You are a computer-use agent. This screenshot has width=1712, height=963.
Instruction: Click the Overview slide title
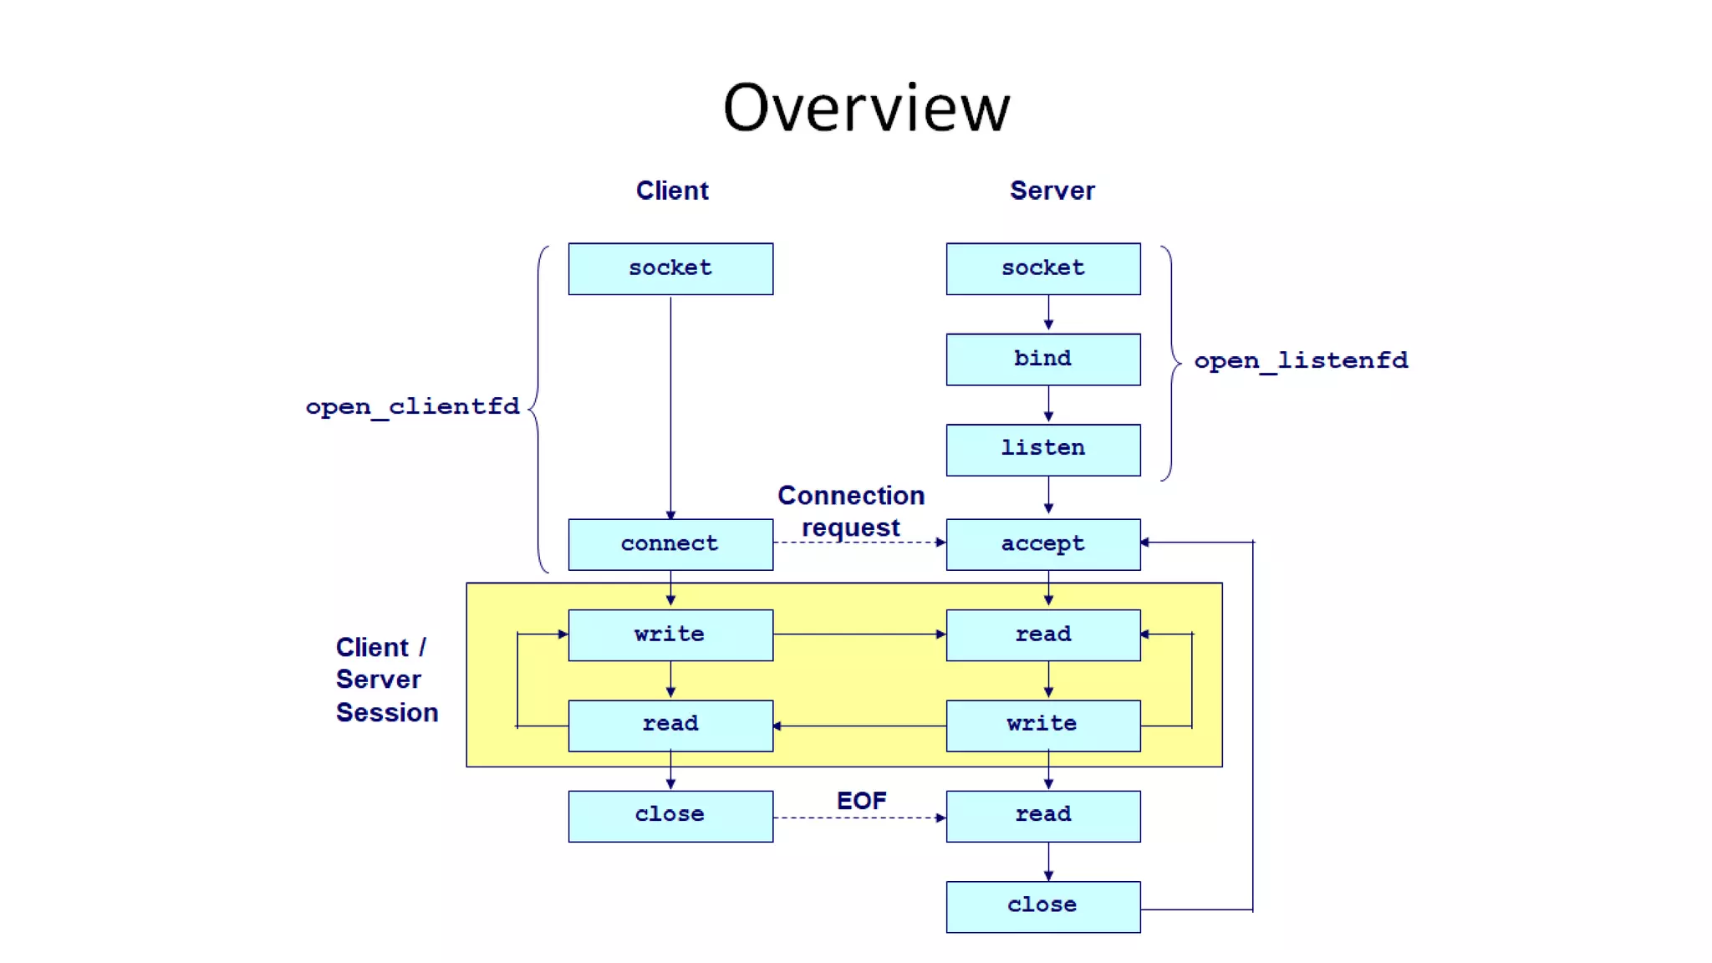[x=866, y=109]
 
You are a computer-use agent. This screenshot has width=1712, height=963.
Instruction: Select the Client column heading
[x=672, y=191]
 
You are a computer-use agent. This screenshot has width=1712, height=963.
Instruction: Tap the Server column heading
[x=1052, y=191]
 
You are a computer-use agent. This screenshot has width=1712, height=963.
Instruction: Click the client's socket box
[x=670, y=268]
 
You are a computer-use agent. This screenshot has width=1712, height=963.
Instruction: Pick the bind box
[x=1042, y=359]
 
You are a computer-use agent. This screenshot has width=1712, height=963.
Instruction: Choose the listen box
[x=1042, y=450]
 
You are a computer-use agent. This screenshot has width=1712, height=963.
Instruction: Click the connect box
[x=670, y=544]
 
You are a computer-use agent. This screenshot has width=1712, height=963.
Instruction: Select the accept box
[x=1042, y=544]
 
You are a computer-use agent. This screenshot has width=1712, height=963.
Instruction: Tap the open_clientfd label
[x=412, y=407]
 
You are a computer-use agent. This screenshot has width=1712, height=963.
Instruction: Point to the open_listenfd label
[x=1301, y=361]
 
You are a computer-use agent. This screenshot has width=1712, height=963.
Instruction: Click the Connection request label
[x=851, y=512]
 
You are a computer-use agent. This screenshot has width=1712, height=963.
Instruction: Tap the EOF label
[x=861, y=801]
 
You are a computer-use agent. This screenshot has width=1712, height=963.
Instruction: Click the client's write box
[x=670, y=634]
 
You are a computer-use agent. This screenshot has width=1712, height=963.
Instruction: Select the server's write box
[x=1042, y=725]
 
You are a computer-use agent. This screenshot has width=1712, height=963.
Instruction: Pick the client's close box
[x=670, y=815]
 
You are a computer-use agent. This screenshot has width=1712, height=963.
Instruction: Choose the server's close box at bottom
[x=1042, y=906]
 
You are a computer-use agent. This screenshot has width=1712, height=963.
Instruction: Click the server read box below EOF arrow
[x=1042, y=815]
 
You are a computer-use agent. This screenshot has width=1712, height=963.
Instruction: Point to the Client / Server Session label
[x=386, y=680]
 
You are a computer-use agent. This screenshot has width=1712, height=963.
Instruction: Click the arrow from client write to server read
[x=859, y=634]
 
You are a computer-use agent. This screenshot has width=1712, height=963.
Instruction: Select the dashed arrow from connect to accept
[x=859, y=543]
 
